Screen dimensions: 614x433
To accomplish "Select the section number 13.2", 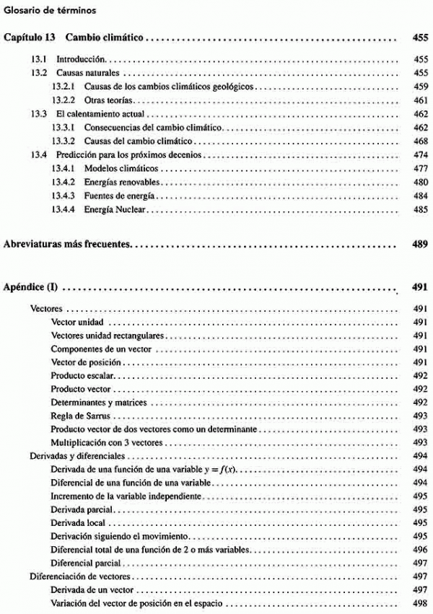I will (x=38, y=73).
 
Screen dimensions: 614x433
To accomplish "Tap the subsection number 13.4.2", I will (x=64, y=182).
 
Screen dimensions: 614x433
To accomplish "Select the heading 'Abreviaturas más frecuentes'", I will (x=67, y=245).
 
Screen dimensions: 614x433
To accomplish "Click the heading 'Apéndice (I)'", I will (x=30, y=287).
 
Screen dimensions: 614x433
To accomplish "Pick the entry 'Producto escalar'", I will (x=83, y=376).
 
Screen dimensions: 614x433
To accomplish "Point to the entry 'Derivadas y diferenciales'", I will (x=77, y=457).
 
